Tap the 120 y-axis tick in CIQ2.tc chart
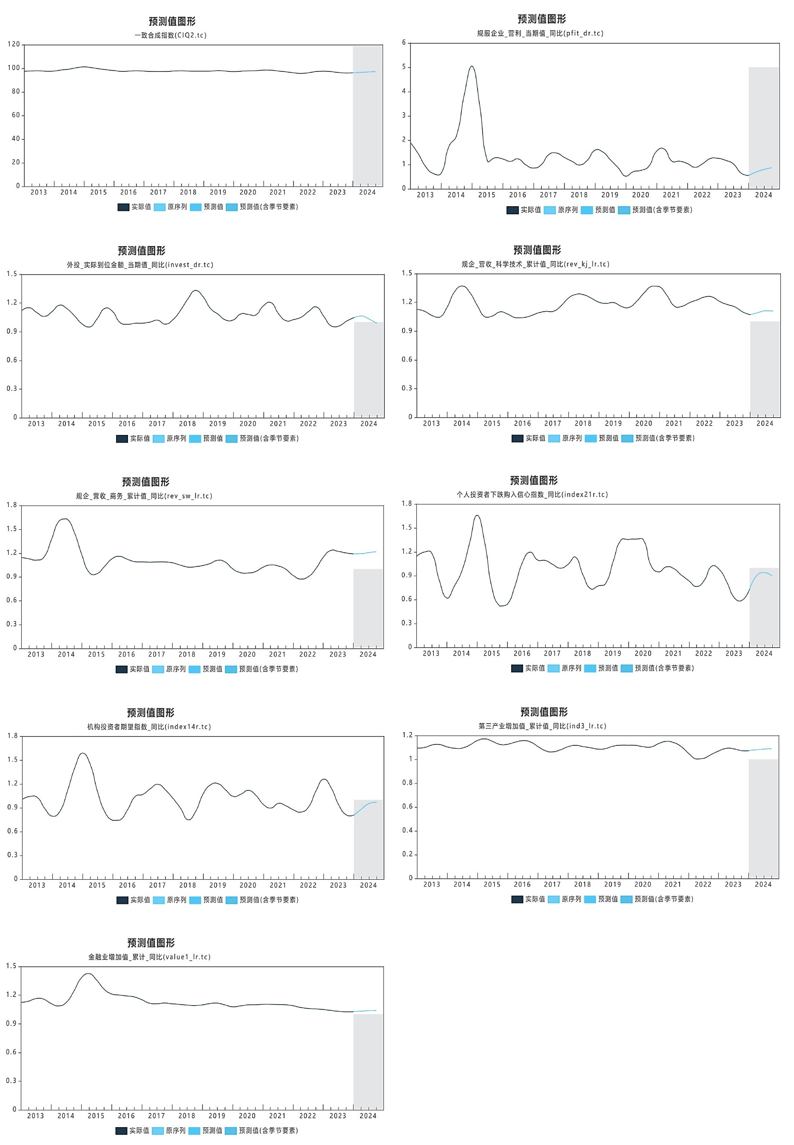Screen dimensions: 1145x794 14,44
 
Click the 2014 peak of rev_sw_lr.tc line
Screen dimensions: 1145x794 64,519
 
